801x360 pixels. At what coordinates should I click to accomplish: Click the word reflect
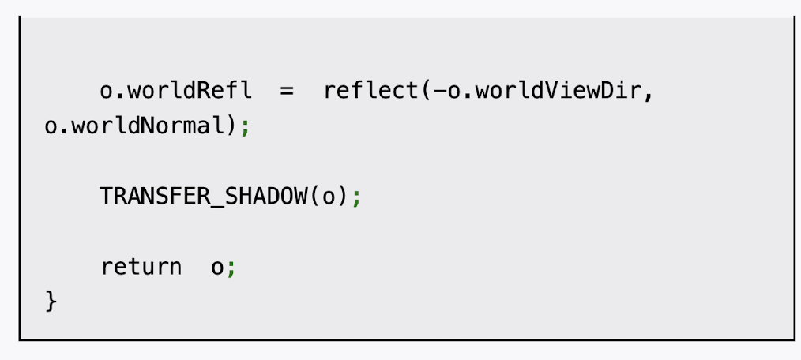(x=372, y=91)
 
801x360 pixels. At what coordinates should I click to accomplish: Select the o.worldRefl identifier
(x=175, y=91)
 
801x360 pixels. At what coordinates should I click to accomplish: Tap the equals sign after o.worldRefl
(x=286, y=91)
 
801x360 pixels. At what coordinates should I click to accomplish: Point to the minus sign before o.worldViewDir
(x=440, y=91)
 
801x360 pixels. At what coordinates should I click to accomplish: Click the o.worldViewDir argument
(x=546, y=91)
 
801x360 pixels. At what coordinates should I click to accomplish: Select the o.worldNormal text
(x=134, y=126)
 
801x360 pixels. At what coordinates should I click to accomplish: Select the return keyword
(x=141, y=267)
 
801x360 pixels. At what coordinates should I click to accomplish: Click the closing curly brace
(x=51, y=301)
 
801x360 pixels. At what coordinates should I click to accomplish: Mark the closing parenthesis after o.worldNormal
(x=231, y=126)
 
